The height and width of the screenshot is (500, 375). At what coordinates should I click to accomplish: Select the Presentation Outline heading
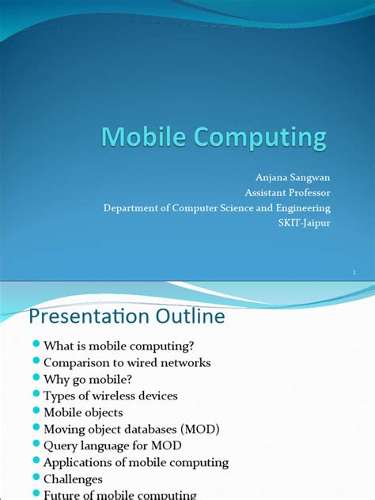pos(127,316)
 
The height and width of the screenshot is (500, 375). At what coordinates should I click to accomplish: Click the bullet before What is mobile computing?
pos(36,346)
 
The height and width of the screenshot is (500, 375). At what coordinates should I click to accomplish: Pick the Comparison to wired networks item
pos(127,362)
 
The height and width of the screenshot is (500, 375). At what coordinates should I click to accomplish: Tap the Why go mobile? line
pos(87,379)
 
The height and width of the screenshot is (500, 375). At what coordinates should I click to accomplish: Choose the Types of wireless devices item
pos(111,396)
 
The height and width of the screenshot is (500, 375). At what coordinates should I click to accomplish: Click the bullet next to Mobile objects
pos(36,412)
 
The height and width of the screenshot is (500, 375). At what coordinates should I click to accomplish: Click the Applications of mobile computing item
pos(136,462)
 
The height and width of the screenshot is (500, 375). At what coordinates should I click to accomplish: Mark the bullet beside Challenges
pos(36,479)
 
